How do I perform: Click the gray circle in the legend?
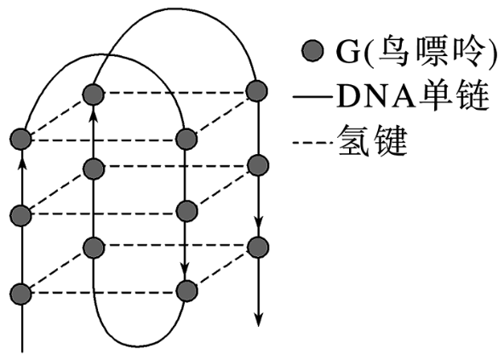(312, 51)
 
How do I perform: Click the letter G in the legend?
(348, 51)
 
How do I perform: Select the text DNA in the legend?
(375, 96)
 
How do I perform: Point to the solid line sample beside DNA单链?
(312, 96)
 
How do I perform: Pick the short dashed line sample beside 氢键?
(312, 142)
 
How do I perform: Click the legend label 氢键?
(373, 141)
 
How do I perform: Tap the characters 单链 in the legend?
(454, 96)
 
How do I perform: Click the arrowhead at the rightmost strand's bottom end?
(259, 319)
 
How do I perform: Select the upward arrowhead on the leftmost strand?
(21, 162)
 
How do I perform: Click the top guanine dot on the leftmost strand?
(21, 140)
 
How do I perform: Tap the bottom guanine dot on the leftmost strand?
(21, 294)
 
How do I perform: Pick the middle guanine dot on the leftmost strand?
(21, 215)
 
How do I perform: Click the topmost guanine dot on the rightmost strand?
(256, 91)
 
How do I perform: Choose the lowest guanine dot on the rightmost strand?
(258, 247)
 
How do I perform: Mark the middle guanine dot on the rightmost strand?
(258, 165)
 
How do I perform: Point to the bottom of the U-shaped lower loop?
(139, 346)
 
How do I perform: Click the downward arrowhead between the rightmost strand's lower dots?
(259, 222)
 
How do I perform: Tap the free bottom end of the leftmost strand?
(22, 352)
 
